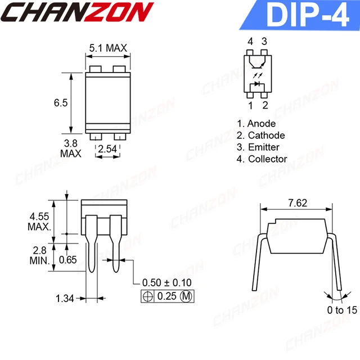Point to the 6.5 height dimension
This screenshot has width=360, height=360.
click(61, 103)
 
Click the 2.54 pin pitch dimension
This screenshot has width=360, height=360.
click(107, 149)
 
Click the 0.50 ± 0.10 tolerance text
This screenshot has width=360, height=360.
click(167, 282)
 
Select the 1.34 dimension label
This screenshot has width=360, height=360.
click(65, 298)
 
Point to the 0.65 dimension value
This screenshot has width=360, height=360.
click(69, 259)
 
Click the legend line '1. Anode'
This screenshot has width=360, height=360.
click(256, 124)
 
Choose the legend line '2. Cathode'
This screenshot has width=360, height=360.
click(260, 136)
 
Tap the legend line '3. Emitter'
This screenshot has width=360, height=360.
click(259, 147)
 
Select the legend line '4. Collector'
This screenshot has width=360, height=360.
click(262, 159)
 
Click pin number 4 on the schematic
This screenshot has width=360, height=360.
click(250, 42)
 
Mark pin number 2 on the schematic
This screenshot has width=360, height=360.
click(264, 105)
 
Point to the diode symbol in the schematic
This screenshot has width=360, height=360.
click(258, 84)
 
